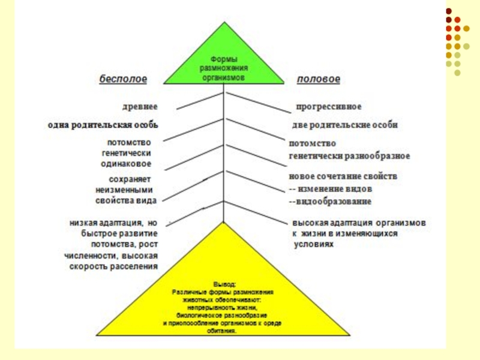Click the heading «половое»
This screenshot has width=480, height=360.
click(319, 79)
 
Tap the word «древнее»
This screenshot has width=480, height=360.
click(142, 106)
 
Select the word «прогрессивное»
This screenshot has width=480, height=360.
click(328, 107)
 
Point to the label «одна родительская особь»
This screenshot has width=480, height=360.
click(103, 125)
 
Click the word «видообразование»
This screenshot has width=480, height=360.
click(334, 200)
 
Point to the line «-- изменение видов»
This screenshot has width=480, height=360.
click(331, 189)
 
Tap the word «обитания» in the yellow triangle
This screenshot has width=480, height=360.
click(223, 331)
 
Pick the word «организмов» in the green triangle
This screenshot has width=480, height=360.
click(224, 77)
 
